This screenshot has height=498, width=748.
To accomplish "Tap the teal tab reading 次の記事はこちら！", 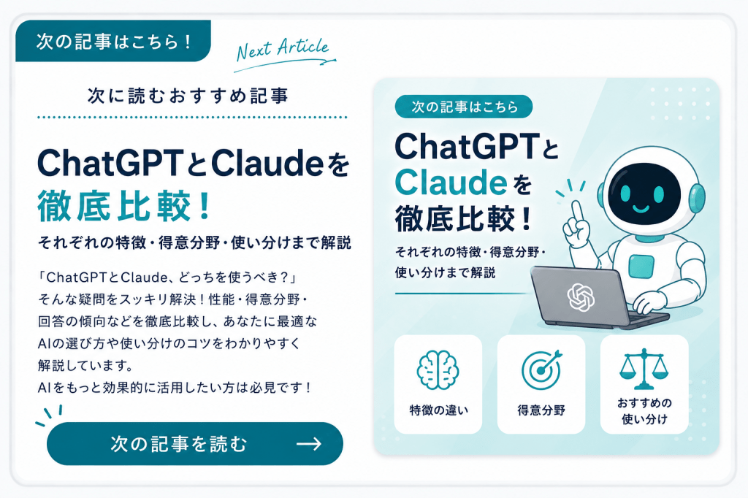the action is (113, 41).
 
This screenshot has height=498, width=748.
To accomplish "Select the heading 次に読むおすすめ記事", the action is (188, 96).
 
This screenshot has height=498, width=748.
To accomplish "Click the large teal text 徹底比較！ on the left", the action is (124, 206).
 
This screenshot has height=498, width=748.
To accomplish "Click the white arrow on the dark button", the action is (309, 444).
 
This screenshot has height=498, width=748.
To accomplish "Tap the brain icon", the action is (438, 370).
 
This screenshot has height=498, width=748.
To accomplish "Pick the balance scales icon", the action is (644, 369).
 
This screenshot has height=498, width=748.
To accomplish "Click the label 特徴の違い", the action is (438, 410).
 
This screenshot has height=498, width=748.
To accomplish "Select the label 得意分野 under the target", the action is (541, 410).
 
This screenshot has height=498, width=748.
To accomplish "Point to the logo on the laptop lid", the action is (581, 297).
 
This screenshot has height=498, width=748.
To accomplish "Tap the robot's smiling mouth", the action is (641, 208).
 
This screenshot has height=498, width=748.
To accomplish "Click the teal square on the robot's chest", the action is (641, 266).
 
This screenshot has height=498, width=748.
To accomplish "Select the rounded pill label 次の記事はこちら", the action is (464, 107).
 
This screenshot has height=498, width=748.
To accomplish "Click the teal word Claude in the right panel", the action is (451, 183).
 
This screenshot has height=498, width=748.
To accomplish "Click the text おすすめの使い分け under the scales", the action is (644, 411).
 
